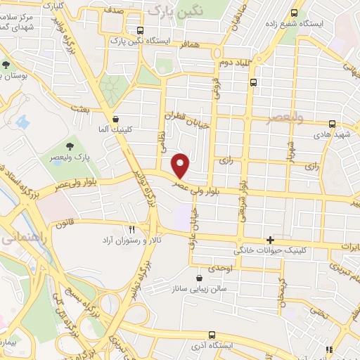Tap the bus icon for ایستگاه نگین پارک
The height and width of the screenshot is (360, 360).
tap(141, 30)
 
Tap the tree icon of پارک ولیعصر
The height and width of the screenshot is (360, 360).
tap(70, 146)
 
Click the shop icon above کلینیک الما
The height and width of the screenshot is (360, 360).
tap(115, 120)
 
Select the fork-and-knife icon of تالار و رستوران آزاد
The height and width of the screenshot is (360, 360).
tap(131, 229)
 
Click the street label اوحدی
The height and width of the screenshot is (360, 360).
tap(224, 268)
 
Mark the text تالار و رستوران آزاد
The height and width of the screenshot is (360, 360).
tap(152, 240)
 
